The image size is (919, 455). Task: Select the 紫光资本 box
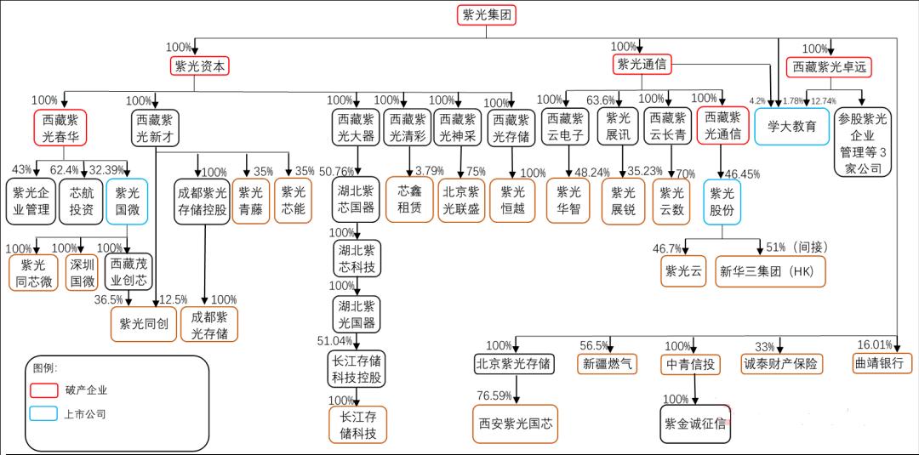click(x=200, y=66)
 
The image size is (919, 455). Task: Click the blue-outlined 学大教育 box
click(x=792, y=126)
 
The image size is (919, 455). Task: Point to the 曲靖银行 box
click(x=882, y=364)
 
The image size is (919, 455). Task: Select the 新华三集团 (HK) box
click(x=770, y=271)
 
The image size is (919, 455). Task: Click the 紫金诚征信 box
click(x=696, y=424)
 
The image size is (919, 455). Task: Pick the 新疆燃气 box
click(x=607, y=364)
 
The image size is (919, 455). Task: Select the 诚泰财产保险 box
click(x=781, y=364)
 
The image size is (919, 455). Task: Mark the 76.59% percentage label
click(x=494, y=395)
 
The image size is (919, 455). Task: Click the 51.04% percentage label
click(x=334, y=341)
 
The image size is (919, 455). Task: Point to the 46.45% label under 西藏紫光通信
click(x=742, y=173)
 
